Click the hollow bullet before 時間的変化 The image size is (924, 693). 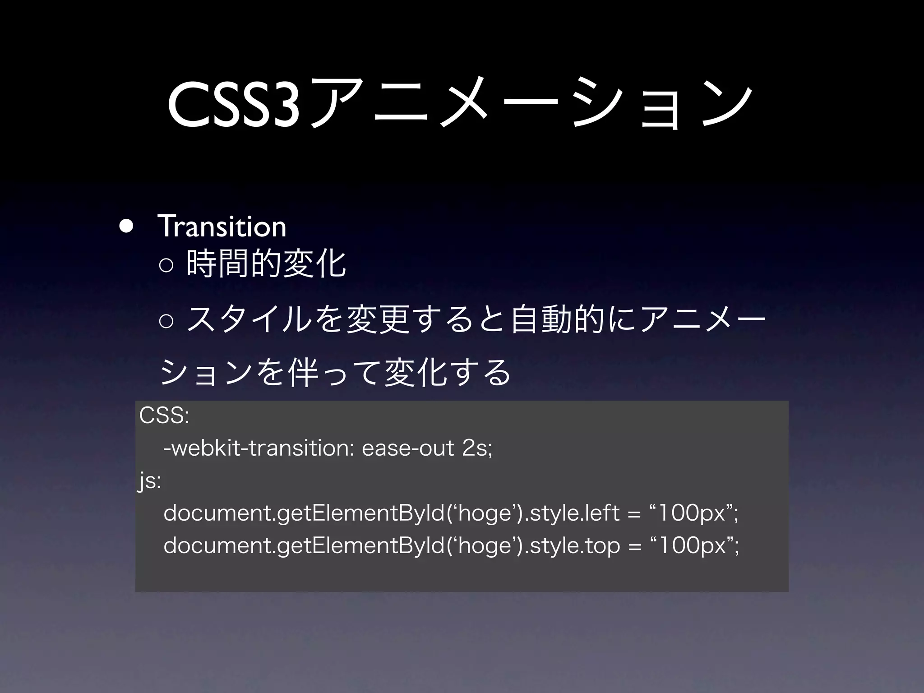pyautogui.click(x=166, y=266)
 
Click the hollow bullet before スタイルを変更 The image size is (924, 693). pyautogui.click(x=166, y=320)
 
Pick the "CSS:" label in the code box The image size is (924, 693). pyautogui.click(x=164, y=416)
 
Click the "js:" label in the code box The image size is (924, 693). pyautogui.click(x=149, y=482)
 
